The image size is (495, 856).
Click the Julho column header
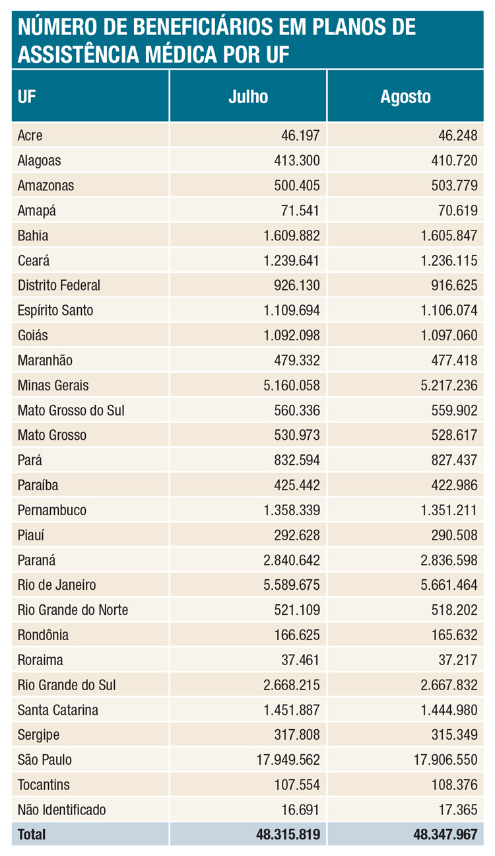coord(248,96)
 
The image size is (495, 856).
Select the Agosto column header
coord(405,96)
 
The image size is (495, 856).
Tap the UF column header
coord(27,96)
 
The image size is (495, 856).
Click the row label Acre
coord(30,135)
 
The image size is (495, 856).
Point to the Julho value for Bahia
coord(291,236)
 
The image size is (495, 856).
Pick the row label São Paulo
coord(44,760)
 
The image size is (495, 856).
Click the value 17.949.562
coord(288,760)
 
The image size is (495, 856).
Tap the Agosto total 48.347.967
coord(445,835)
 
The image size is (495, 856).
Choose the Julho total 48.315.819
coord(288,835)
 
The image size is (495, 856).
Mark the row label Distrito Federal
coord(59,285)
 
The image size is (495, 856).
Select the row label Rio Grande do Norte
coord(73,610)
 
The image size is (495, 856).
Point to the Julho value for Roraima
coord(300,660)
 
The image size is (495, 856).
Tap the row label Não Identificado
coord(61,810)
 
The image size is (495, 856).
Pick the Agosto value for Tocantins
coord(453,785)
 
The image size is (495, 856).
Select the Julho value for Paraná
coord(291,560)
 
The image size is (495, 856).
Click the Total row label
coord(32,835)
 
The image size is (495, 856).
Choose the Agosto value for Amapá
coord(456,211)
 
